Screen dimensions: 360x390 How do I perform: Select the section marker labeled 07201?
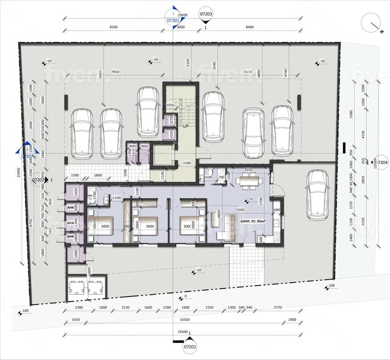190,347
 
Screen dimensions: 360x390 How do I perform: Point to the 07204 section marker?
381,163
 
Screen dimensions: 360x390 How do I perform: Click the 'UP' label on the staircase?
184,125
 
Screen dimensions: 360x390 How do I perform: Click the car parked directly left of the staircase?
148,111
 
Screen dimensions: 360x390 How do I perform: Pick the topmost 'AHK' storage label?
71,208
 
